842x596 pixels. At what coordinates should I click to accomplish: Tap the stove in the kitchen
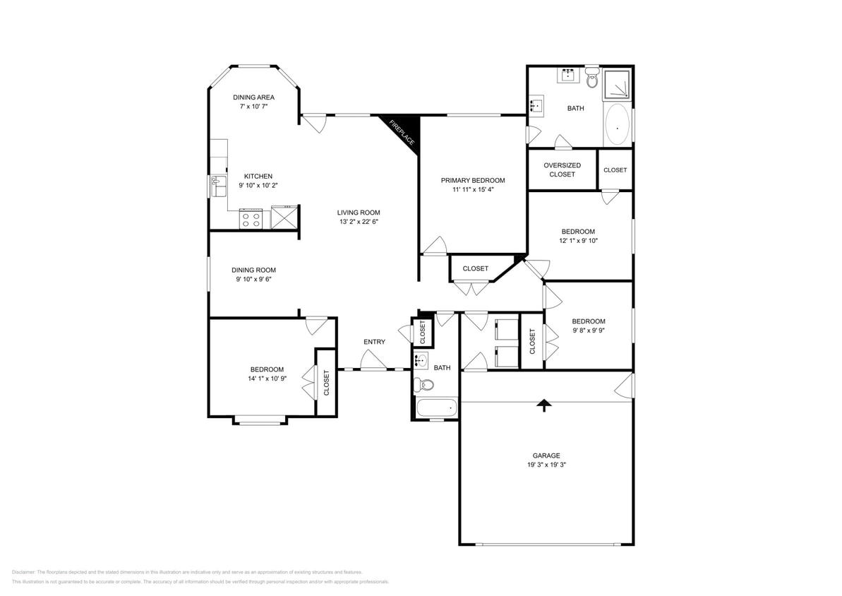(x=251, y=219)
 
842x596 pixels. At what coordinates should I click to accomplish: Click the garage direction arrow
(x=543, y=405)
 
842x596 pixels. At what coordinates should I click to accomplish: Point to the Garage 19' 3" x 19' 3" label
(x=546, y=460)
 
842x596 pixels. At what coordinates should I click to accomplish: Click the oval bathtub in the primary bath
(x=617, y=126)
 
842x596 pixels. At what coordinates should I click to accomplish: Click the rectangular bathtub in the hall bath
(x=436, y=408)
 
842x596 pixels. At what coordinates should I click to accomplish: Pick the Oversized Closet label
(x=562, y=169)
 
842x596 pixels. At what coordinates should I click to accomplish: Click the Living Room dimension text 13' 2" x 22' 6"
(x=359, y=222)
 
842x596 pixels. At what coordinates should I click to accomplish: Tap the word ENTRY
(x=374, y=342)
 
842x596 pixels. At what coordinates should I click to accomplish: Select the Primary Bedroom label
(x=473, y=180)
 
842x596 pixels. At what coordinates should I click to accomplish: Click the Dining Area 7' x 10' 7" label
(x=254, y=102)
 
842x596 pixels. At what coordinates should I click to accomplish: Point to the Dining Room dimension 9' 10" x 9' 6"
(x=254, y=279)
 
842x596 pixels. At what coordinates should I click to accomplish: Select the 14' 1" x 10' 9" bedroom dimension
(x=267, y=379)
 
